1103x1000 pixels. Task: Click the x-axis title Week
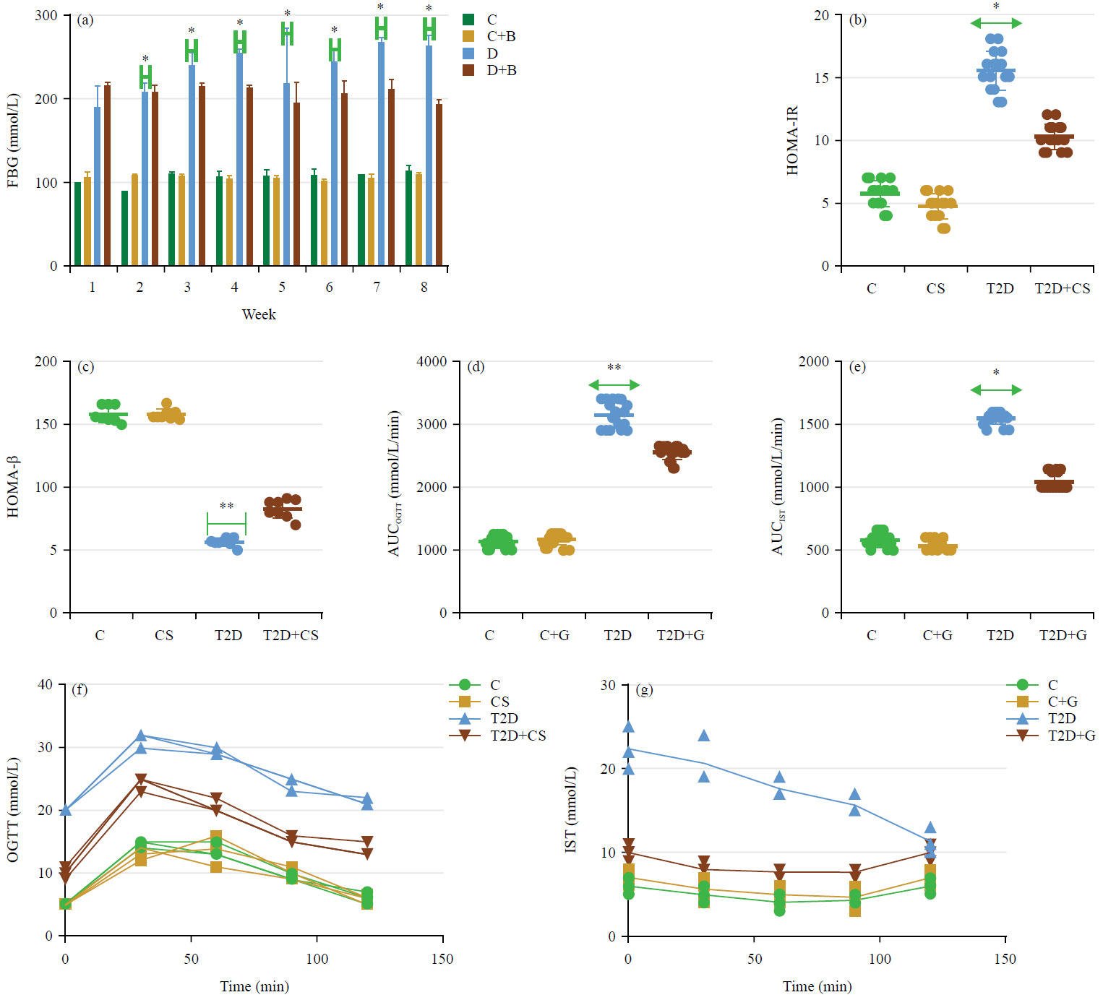[259, 314]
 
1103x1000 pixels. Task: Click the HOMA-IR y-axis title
[792, 140]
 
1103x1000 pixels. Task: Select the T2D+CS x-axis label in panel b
[1062, 288]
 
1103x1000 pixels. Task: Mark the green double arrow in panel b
[996, 23]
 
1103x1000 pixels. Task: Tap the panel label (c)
[85, 366]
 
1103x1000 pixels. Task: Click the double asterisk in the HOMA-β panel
[226, 507]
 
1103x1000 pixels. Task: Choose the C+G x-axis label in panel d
[554, 635]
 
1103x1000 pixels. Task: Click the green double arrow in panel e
[996, 390]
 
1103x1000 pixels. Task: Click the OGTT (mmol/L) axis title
[12, 810]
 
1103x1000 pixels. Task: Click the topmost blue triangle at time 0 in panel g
[628, 726]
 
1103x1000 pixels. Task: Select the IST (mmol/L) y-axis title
[570, 810]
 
